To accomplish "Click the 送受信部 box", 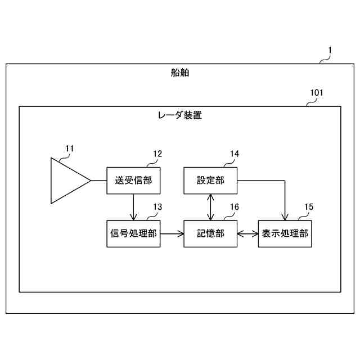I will pos(133,181).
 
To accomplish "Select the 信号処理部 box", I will pos(133,233).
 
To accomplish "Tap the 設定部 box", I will pos(210,181).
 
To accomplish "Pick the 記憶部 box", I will pos(210,233).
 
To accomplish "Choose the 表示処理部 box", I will pos(285,233).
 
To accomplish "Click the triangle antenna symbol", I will pos(67,181).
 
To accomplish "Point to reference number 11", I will pos(69,148).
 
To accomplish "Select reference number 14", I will pos(234,154).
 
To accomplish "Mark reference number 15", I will pos(309,207).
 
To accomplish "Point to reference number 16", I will pos(234,207).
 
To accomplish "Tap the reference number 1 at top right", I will pos(330,50).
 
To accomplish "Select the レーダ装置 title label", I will pos(179,115).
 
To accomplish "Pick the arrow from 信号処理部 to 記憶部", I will pos(172,233).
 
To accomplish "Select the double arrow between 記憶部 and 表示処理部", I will pos(247,233).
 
